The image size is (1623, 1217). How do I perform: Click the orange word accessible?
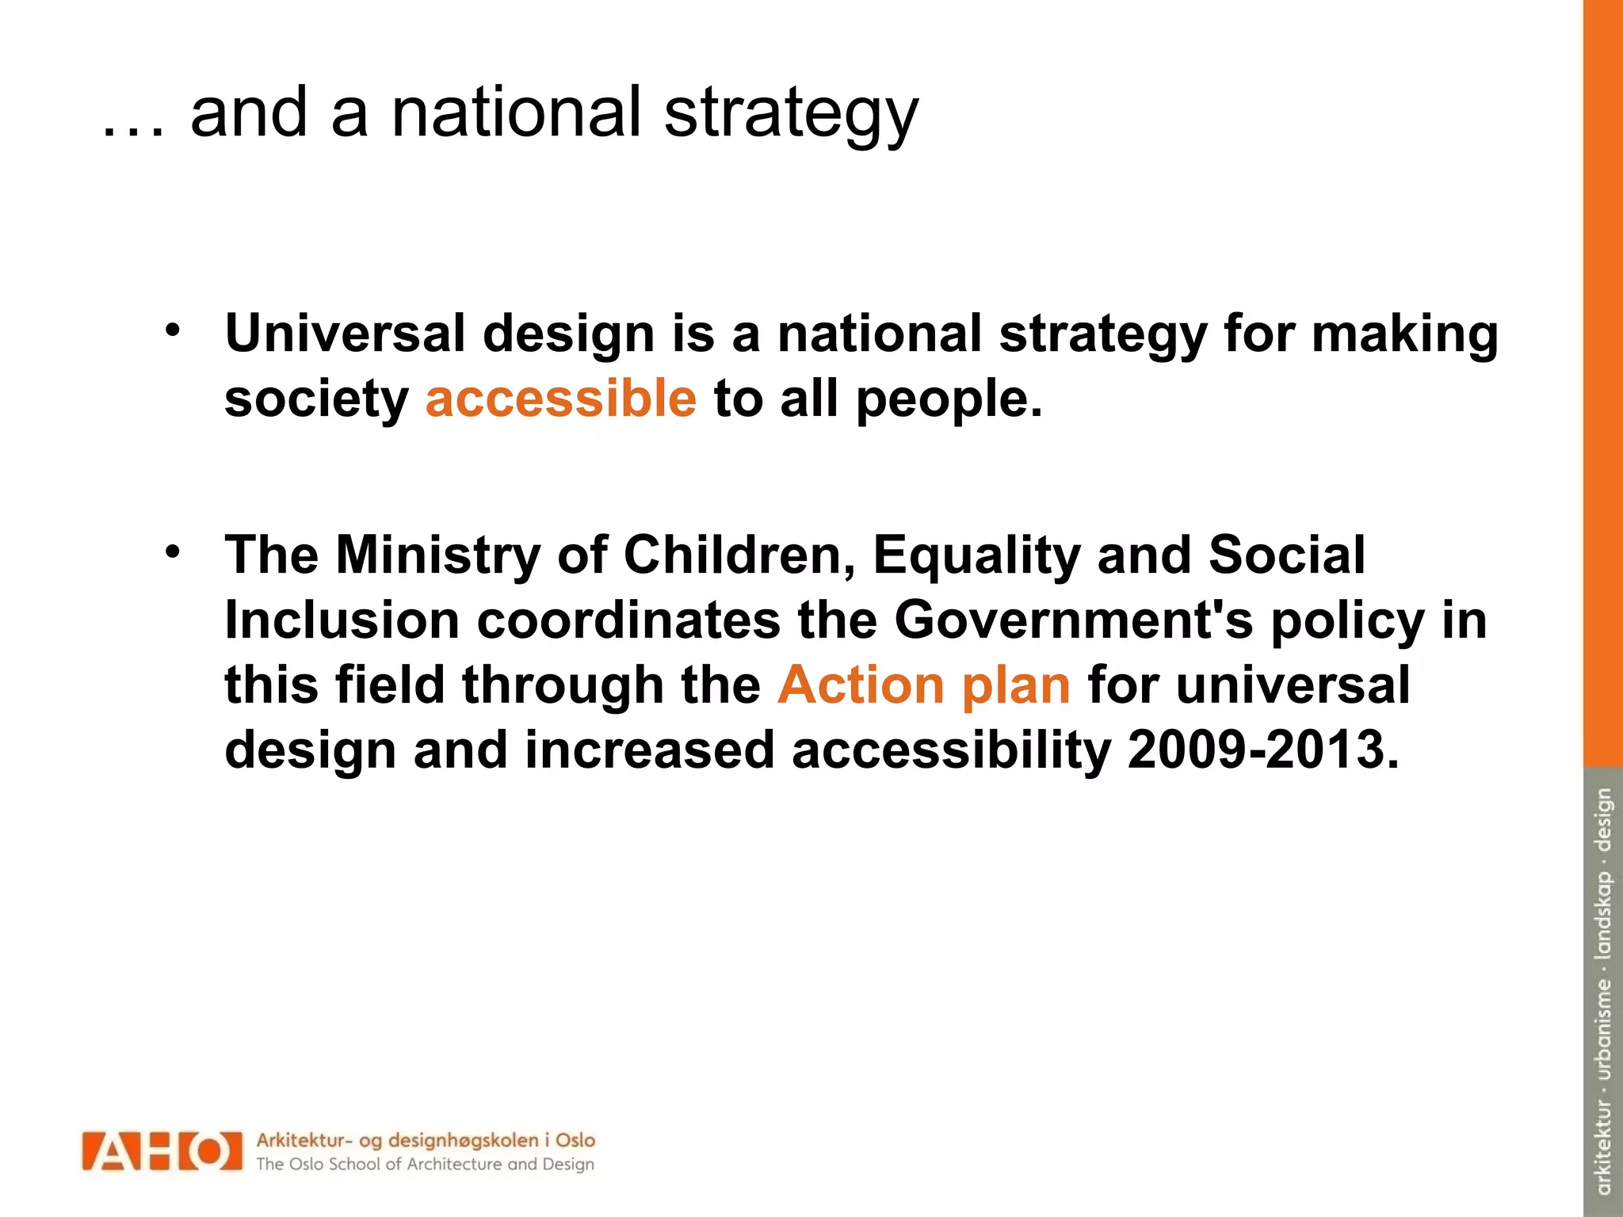560,399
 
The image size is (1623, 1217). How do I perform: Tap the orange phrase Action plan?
923,685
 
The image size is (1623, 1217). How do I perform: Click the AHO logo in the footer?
162,1151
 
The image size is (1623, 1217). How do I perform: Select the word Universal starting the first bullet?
345,334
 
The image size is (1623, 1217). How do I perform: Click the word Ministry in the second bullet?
437,555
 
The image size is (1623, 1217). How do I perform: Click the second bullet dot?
173,551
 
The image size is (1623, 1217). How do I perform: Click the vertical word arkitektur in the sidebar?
1603,1147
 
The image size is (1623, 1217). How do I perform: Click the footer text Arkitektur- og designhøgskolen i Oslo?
425,1141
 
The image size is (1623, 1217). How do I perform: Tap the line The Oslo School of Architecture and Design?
425,1165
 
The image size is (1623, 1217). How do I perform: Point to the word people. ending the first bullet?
949,399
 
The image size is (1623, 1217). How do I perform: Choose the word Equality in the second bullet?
976,555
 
